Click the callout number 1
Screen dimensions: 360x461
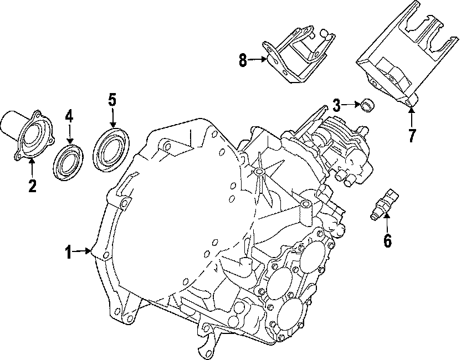click(x=68, y=253)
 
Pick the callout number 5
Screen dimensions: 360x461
click(x=112, y=100)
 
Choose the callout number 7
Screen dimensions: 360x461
click(x=411, y=135)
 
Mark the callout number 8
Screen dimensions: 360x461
click(x=243, y=60)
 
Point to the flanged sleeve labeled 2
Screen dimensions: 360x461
click(x=28, y=135)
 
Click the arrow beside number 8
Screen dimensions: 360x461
click(x=258, y=59)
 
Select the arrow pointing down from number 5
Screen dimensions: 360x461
click(x=112, y=119)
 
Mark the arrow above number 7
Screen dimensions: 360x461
click(x=411, y=116)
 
